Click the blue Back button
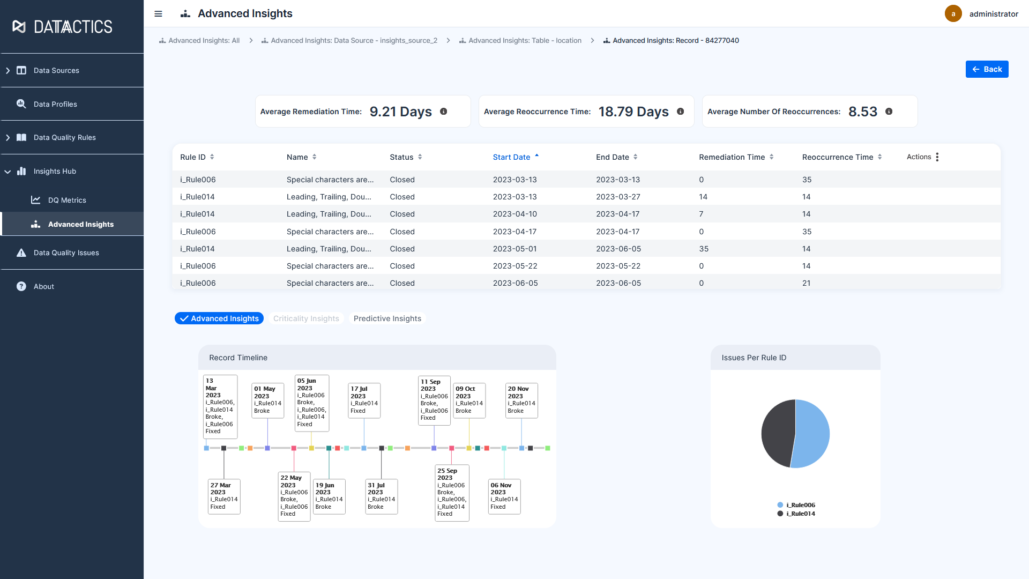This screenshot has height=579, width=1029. click(x=987, y=69)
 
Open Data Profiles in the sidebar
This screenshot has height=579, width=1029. click(x=55, y=104)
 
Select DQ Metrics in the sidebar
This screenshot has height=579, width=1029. click(x=67, y=200)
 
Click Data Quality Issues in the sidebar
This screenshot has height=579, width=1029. click(x=66, y=253)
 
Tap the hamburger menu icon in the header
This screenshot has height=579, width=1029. click(x=158, y=14)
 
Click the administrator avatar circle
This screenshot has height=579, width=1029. click(x=953, y=14)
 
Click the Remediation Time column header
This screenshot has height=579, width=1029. click(x=732, y=157)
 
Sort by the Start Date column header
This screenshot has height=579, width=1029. click(x=511, y=157)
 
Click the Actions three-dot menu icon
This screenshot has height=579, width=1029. click(x=937, y=157)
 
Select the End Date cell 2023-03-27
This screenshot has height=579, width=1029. click(x=618, y=197)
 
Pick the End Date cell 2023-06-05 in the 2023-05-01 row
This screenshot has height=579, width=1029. click(x=618, y=249)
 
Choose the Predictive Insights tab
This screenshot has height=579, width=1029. click(x=387, y=318)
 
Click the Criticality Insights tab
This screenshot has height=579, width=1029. click(x=306, y=318)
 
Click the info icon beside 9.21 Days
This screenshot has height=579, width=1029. click(x=443, y=112)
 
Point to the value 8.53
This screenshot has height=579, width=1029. click(x=862, y=112)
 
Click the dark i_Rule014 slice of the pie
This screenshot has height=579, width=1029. click(x=777, y=432)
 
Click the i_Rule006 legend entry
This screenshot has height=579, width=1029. click(x=800, y=505)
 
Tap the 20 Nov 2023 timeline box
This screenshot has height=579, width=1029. click(x=521, y=400)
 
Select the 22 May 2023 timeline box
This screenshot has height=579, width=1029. click(x=294, y=496)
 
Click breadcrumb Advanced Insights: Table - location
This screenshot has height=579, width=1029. click(x=524, y=41)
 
